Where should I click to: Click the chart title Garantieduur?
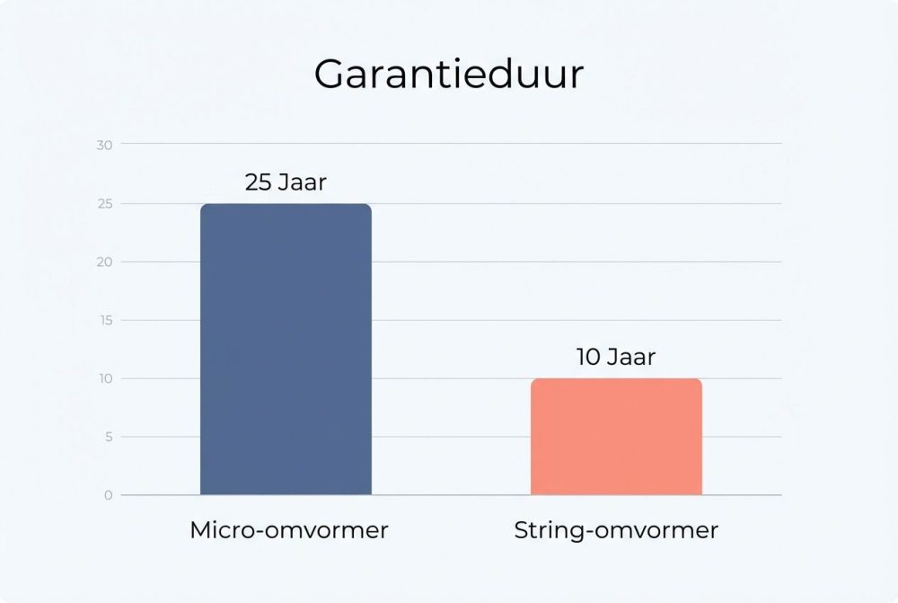[448, 75]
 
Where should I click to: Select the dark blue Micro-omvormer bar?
[286, 350]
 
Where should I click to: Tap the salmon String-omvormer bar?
[616, 438]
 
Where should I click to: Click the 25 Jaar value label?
[286, 183]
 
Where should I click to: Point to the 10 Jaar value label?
[616, 358]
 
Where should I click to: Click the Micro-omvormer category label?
[289, 530]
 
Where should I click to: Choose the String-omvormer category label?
[616, 530]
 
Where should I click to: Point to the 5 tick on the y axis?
[108, 437]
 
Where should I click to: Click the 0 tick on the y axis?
[108, 495]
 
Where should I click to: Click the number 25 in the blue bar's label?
[258, 183]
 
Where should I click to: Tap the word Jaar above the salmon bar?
[631, 358]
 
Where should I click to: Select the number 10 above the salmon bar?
[588, 358]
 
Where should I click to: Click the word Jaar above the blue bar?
[302, 183]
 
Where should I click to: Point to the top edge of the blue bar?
[286, 205]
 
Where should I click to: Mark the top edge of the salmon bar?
[616, 380]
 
